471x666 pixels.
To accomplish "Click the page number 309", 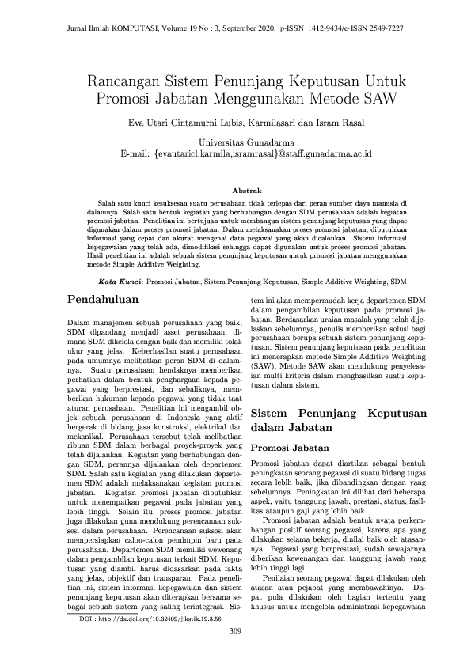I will pyautogui.click(x=235, y=630).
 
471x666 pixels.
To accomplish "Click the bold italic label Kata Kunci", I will pyautogui.click(x=120, y=281).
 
